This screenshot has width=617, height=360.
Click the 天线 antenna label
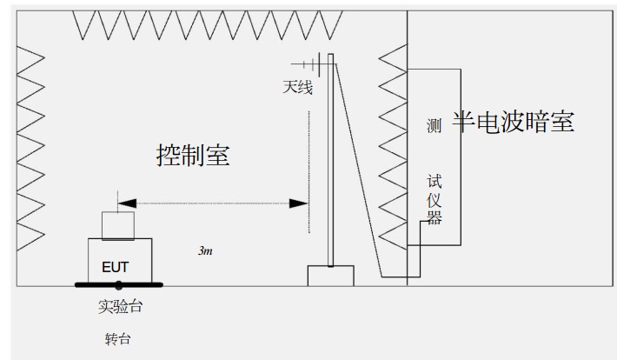point(296,88)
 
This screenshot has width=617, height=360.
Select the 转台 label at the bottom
point(117,338)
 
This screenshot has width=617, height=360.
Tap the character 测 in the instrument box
point(435,126)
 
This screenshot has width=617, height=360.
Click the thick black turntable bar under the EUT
point(117,283)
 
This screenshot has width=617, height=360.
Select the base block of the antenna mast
point(331,275)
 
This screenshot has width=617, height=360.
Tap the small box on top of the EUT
point(117,225)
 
